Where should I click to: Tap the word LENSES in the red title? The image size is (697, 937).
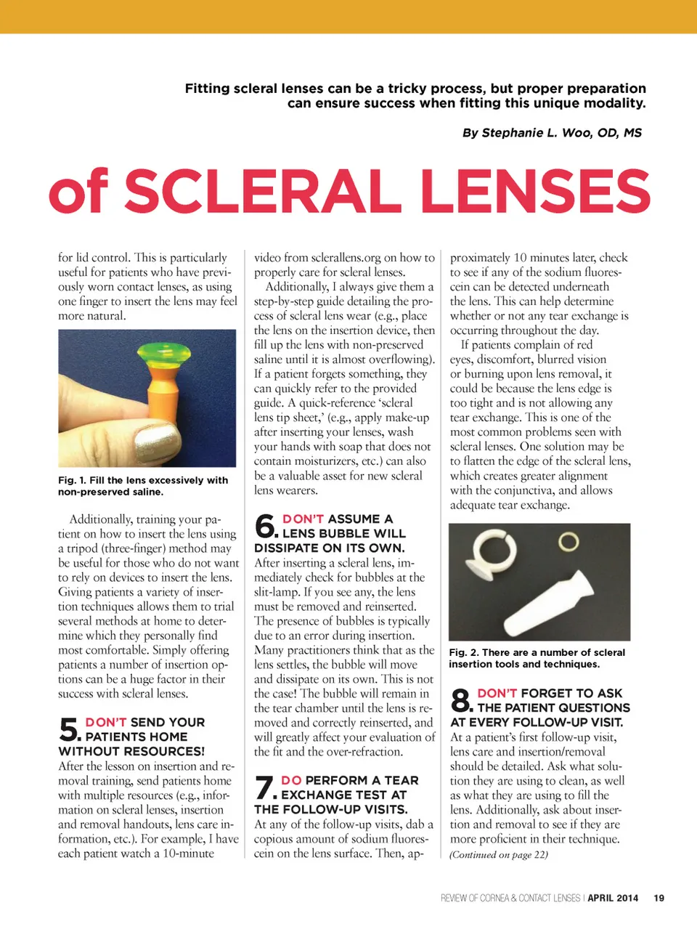[535, 192]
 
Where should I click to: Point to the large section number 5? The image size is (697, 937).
[68, 729]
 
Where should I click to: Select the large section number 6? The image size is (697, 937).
[265, 526]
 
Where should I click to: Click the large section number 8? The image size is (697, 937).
[461, 700]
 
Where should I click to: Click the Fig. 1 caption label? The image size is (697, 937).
[68, 480]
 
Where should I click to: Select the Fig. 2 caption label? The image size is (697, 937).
[459, 652]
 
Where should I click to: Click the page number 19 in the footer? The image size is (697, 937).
[659, 898]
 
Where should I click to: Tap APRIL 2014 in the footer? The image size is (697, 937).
[613, 898]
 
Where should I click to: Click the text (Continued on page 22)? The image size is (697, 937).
[499, 855]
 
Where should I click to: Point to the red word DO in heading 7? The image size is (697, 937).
[291, 780]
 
